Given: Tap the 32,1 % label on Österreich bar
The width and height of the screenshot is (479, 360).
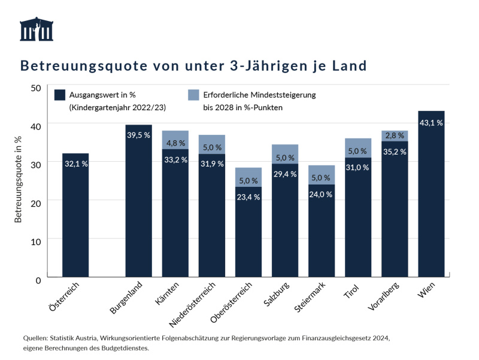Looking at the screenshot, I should [x=75, y=164].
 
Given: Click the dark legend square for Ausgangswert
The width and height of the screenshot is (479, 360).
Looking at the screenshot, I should [x=59, y=95].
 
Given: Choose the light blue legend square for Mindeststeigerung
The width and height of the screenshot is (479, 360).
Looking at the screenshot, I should [x=193, y=95].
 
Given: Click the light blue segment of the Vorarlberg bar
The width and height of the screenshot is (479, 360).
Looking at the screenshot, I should [x=395, y=135].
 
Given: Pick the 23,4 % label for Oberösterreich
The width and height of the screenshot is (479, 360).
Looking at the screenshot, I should [x=248, y=197].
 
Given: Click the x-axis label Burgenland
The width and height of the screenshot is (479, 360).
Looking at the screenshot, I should [x=126, y=298].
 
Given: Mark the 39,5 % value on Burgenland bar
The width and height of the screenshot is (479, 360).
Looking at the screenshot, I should [x=138, y=135].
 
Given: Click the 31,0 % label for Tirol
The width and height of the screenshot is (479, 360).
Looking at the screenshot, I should [x=358, y=168].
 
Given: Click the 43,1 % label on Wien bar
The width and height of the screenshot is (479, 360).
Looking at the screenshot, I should [x=431, y=123].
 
